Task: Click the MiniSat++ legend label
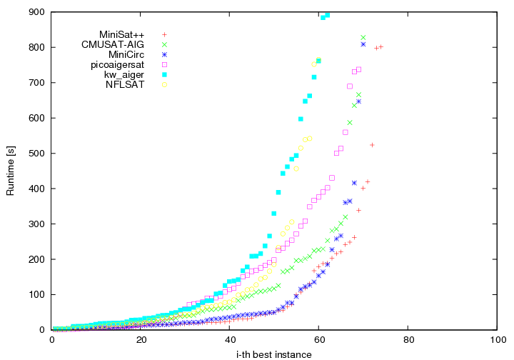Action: click(x=122, y=34)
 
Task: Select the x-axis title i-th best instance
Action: click(x=275, y=354)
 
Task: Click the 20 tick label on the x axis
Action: click(x=141, y=339)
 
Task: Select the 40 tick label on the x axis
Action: click(x=230, y=339)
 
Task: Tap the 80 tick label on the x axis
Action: click(x=408, y=339)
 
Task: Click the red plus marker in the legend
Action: click(x=164, y=34)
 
